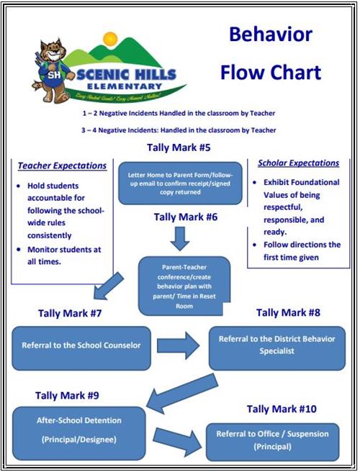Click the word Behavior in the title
(271, 35)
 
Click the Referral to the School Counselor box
(82, 345)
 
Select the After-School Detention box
(78, 427)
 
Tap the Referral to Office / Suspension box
(272, 441)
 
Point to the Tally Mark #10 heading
(282, 409)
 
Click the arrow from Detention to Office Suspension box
(176, 440)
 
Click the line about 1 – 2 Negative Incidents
(179, 114)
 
